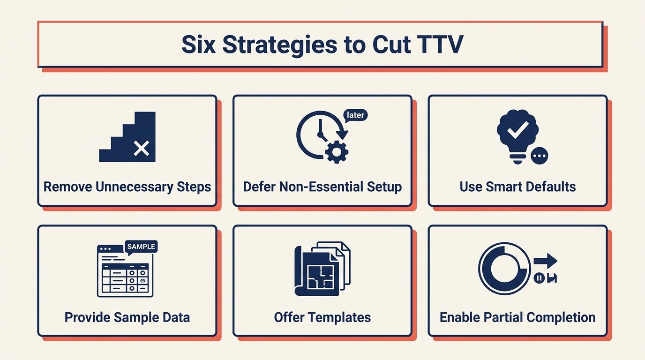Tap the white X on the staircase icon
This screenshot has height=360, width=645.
coord(141,149)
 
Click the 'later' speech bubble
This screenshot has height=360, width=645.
coord(356,115)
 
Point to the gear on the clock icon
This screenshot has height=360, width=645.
coord(337,152)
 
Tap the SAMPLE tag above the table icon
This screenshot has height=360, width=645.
coord(141,247)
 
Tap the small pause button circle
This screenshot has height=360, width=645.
coord(539,278)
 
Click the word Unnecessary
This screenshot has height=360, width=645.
coord(134,187)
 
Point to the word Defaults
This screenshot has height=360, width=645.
coord(550,187)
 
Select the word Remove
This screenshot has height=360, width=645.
coord(68,187)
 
